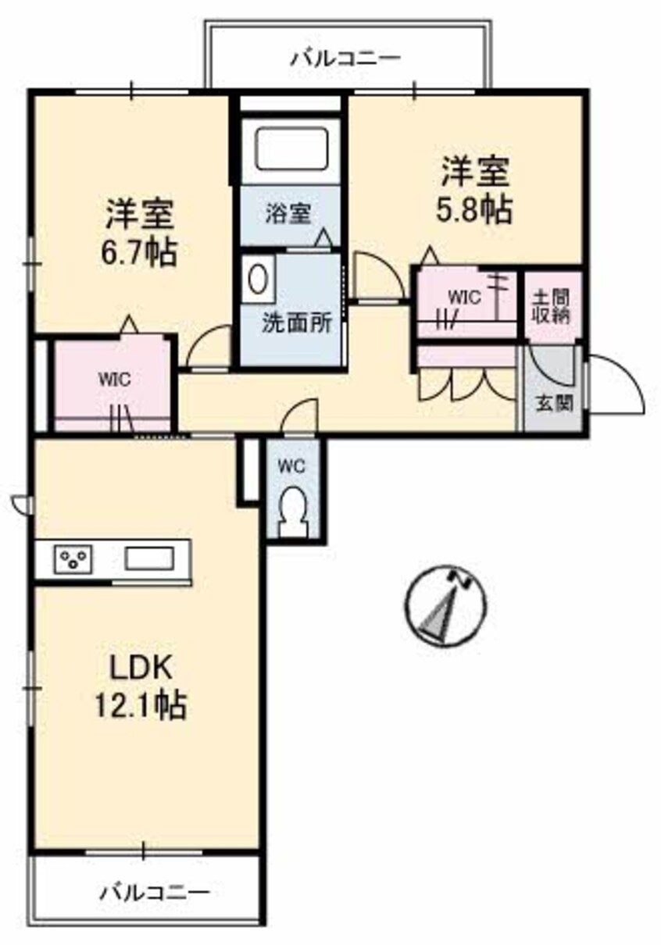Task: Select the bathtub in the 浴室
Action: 289,148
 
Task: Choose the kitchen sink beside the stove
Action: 149,559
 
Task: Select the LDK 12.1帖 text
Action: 141,686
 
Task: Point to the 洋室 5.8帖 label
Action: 476,190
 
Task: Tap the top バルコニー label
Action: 346,58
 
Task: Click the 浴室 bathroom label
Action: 288,213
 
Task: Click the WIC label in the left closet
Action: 109,380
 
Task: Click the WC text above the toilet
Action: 291,465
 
